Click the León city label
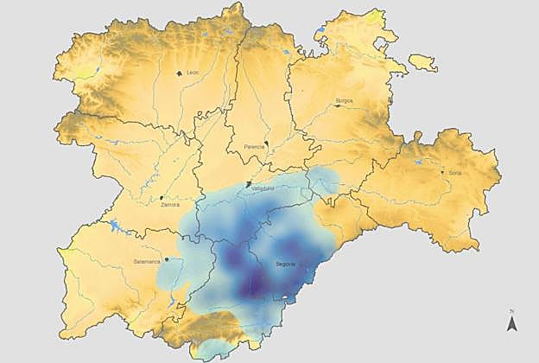(x=193, y=73)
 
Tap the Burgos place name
(x=344, y=101)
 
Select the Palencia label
(x=255, y=147)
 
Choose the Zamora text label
(x=170, y=205)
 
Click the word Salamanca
(x=147, y=260)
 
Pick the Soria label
(x=454, y=173)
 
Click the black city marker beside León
(x=179, y=73)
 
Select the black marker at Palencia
(x=268, y=143)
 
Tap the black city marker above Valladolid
(x=249, y=184)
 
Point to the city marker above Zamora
(x=161, y=199)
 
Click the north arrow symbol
(x=512, y=324)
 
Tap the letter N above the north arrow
(x=512, y=310)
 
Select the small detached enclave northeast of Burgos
(x=422, y=62)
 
